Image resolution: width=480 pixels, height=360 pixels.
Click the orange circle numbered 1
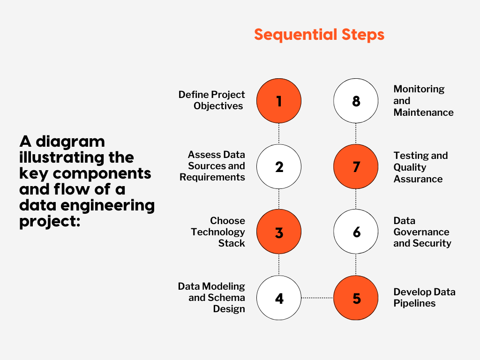point(279,101)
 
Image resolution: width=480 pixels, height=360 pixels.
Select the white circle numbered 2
point(279,166)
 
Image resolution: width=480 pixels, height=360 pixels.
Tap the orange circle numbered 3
point(279,232)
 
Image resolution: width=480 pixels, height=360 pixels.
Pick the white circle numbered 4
point(279,298)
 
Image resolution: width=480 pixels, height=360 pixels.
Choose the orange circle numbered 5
point(356,298)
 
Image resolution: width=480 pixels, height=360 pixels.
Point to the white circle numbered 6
point(356,232)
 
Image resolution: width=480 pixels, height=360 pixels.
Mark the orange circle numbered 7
point(356,166)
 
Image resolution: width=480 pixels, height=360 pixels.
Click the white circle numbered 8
point(356,101)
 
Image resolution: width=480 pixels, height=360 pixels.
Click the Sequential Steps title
point(319,35)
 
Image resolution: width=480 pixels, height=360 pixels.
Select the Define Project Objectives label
point(212,100)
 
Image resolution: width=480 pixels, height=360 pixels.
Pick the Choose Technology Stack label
point(218,232)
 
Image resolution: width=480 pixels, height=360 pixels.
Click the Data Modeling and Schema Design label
point(212,298)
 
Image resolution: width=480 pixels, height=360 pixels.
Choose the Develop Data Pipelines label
point(424,298)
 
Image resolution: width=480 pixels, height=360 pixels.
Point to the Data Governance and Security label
point(422,232)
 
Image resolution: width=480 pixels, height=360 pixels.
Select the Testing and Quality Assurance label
point(420,167)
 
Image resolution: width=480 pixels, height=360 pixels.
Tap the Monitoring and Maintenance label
point(423,101)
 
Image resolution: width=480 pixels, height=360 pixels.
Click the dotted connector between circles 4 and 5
point(317,298)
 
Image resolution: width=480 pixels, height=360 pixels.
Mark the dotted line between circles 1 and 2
point(279,134)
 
